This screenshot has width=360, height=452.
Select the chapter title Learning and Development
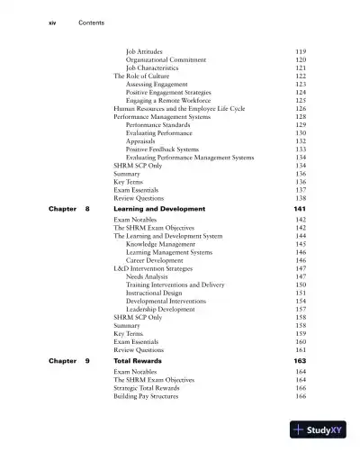coord(158,209)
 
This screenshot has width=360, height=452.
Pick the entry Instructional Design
coord(159,293)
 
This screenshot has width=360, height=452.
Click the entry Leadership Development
coord(161,309)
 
